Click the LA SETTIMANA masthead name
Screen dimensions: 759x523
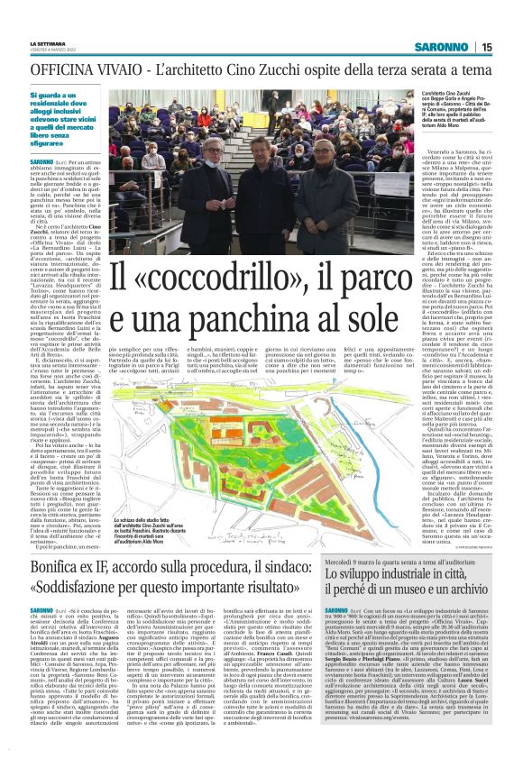click(x=47, y=42)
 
